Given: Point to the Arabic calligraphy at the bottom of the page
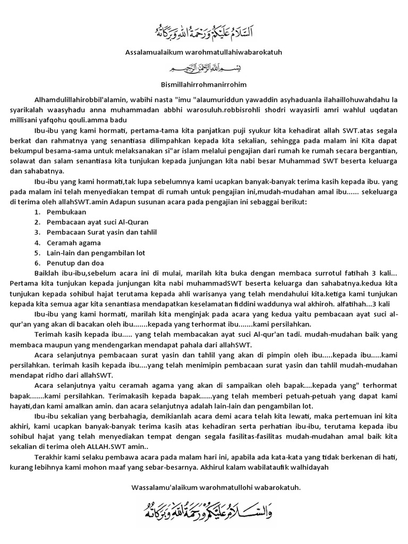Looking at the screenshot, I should tap(204, 511).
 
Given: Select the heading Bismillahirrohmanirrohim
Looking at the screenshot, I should tap(204, 84).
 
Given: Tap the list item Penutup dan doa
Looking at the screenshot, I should tap(75, 262).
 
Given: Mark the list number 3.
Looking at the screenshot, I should tap(37, 232).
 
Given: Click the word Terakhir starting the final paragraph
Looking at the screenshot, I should tap(48, 457).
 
